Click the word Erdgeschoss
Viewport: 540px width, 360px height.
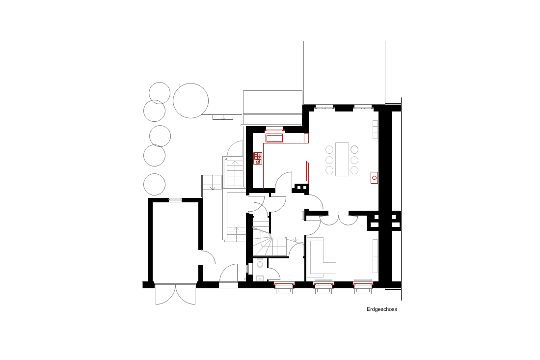click(381, 309)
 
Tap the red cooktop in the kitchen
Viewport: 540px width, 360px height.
click(258, 159)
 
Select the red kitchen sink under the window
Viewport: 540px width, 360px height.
click(274, 138)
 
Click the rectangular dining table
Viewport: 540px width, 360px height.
click(342, 159)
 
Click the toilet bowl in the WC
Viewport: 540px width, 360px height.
click(260, 264)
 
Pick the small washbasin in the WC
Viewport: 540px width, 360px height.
click(260, 278)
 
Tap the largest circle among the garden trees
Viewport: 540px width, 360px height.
click(191, 101)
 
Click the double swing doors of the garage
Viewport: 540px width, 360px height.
click(175, 294)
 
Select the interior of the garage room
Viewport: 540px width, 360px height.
click(175, 242)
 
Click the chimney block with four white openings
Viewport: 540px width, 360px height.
click(385, 221)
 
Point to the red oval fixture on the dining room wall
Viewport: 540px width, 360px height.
click(375, 178)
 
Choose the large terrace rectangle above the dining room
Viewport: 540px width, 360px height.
click(345, 73)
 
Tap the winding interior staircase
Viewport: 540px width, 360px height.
click(270, 241)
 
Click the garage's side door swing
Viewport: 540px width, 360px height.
click(208, 257)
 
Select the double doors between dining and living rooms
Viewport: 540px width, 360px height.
click(339, 220)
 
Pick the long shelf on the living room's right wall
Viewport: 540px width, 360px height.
click(376, 256)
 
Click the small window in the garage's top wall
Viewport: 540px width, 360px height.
click(175, 200)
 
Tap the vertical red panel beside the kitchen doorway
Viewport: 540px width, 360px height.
click(307, 172)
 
